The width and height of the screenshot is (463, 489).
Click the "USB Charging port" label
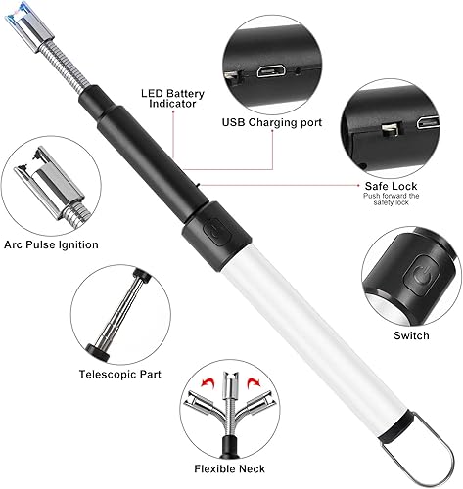point(272,122)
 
